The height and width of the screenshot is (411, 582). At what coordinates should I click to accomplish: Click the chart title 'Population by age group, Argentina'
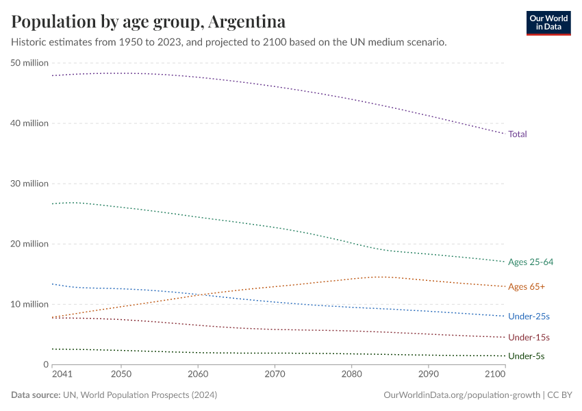click(149, 21)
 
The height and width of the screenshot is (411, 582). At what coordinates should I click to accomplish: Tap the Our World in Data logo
click(548, 23)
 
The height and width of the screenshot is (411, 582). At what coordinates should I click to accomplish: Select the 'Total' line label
click(517, 134)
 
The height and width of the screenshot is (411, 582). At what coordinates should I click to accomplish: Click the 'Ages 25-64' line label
click(530, 262)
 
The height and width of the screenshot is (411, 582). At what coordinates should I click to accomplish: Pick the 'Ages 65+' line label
click(526, 287)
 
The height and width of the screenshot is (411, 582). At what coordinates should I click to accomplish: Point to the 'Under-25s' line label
click(529, 316)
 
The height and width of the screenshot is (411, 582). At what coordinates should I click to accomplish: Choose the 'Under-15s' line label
click(529, 338)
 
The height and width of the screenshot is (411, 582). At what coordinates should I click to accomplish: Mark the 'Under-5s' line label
click(527, 356)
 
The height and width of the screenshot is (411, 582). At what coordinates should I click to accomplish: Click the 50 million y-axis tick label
click(29, 63)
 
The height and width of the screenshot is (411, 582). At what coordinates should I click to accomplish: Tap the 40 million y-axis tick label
click(29, 123)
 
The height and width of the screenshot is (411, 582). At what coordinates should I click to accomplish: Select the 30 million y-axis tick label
click(29, 184)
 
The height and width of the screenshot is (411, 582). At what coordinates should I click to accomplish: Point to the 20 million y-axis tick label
click(29, 244)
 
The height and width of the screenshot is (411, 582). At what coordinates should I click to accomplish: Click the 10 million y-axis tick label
click(29, 304)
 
